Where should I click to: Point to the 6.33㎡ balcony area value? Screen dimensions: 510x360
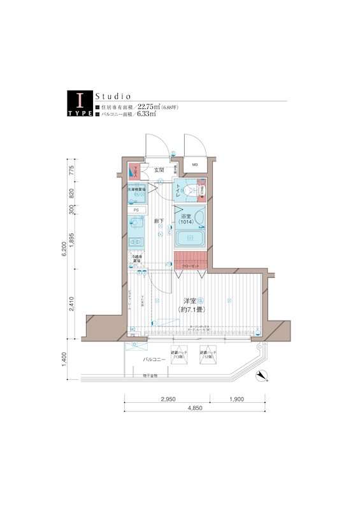[x=147, y=116]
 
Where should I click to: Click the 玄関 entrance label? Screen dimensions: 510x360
[x=159, y=170]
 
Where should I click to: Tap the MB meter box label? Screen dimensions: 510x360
[x=195, y=167]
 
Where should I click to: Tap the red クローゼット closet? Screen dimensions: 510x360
[x=191, y=261]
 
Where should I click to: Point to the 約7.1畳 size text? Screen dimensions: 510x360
[x=191, y=310]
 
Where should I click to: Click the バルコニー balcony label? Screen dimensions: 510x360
[x=153, y=360]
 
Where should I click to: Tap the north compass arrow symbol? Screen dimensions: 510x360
[x=259, y=376]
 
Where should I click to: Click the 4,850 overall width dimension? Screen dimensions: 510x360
[x=196, y=408]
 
